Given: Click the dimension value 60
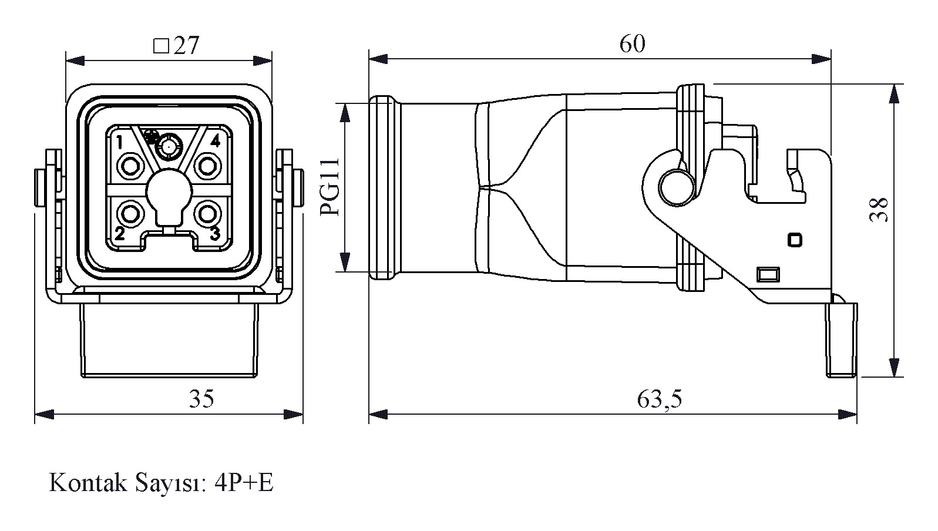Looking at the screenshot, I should (632, 44).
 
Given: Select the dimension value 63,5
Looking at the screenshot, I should (659, 400).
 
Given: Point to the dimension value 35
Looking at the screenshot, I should (201, 399).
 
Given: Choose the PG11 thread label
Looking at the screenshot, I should (332, 187).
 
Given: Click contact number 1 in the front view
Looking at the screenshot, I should (119, 142).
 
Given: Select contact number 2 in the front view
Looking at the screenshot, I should (119, 234).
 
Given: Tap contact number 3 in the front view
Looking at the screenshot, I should (215, 234).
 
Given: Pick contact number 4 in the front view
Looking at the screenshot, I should (216, 141).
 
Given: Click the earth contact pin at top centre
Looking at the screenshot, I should (169, 144).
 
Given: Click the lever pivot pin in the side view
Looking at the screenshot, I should (675, 187).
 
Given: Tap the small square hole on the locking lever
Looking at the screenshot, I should (795, 240).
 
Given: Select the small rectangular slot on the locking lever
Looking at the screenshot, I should (768, 274).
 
